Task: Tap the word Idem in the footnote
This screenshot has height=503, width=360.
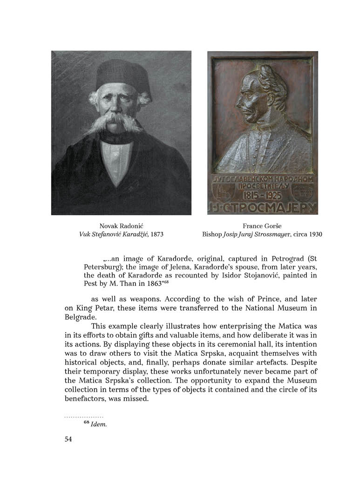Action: (99, 424)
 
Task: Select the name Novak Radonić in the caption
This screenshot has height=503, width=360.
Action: (121, 225)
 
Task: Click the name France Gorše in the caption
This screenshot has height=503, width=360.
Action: (262, 225)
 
